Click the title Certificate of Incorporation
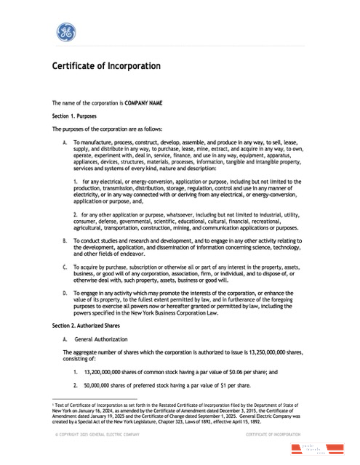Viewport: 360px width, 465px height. tap(106, 66)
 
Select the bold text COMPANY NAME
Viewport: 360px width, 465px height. tap(143, 103)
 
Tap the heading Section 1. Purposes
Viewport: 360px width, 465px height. tap(74, 116)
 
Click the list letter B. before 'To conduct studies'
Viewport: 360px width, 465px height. tap(65, 240)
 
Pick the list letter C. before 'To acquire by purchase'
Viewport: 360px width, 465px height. tap(65, 267)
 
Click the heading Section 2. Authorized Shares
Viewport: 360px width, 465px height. tap(85, 326)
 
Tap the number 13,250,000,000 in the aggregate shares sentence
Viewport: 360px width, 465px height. tap(268, 352)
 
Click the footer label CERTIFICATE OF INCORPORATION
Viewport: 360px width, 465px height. tap(272, 434)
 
